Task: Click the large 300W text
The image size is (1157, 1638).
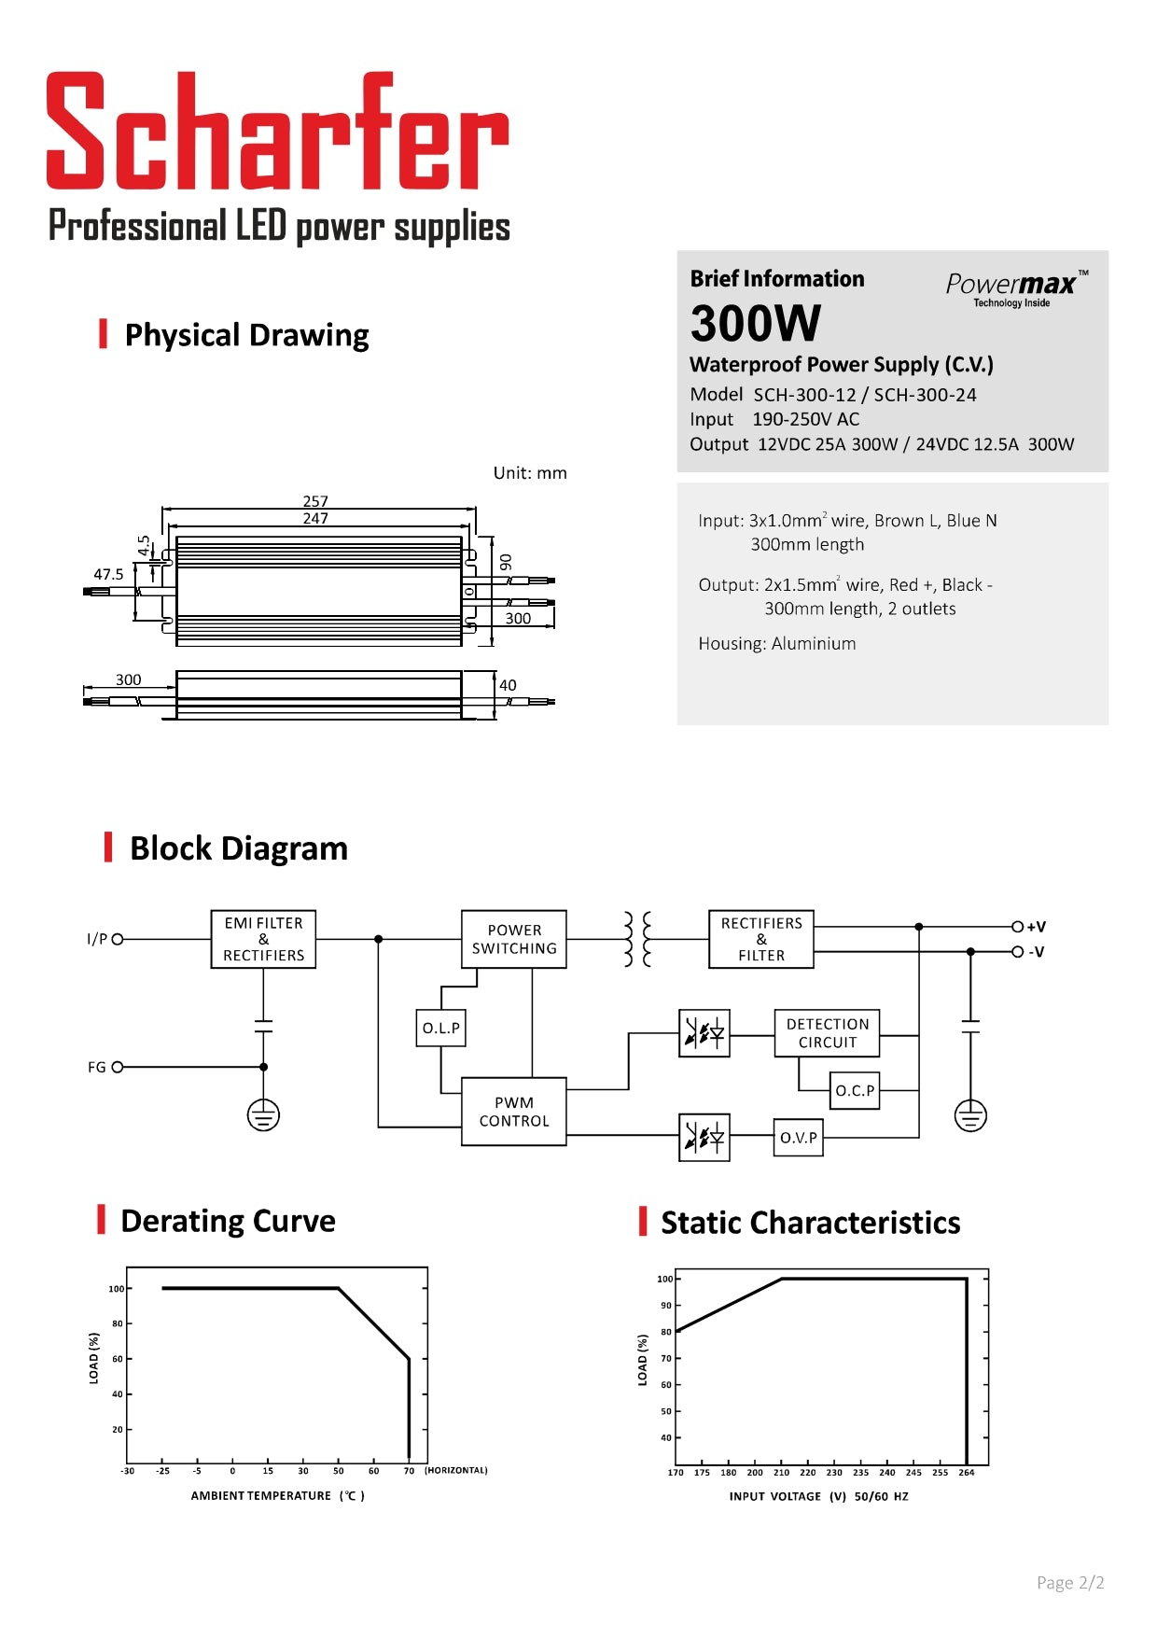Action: [x=755, y=324]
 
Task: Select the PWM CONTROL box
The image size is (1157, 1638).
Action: [x=513, y=1112]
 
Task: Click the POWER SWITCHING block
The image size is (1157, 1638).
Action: [x=513, y=939]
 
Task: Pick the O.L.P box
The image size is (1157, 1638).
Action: [x=440, y=1028]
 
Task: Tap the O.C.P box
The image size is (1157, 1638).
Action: [x=854, y=1090]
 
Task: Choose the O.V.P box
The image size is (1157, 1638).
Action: [x=798, y=1138]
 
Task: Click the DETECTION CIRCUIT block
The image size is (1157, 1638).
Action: [x=827, y=1033]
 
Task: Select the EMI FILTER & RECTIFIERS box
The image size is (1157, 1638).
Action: [x=263, y=939]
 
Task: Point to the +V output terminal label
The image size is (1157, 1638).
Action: [x=1036, y=927]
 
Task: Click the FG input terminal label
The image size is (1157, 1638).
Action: [x=97, y=1067]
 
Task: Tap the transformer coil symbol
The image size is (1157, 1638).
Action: [x=637, y=939]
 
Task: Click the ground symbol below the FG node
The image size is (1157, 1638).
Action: [x=263, y=1114]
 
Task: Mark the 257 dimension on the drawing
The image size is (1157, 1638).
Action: [x=315, y=501]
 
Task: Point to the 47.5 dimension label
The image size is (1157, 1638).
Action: [x=108, y=574]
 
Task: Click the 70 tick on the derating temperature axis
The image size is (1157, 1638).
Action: [x=409, y=1471]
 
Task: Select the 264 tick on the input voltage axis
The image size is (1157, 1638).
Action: [x=967, y=1473]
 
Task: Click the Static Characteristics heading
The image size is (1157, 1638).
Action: [x=810, y=1223]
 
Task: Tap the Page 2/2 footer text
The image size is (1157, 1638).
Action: [x=1070, y=1583]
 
